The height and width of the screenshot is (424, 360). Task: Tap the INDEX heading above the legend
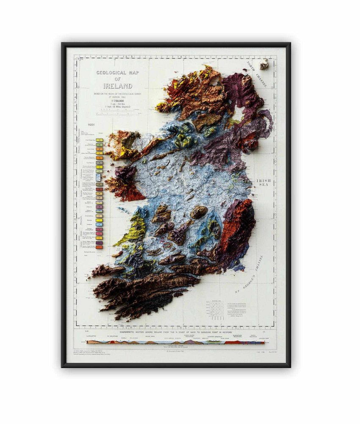(91, 125)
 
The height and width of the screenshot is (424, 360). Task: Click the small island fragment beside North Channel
(264, 64)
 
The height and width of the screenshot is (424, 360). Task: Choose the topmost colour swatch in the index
(100, 139)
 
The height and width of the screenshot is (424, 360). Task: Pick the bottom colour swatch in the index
(100, 247)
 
